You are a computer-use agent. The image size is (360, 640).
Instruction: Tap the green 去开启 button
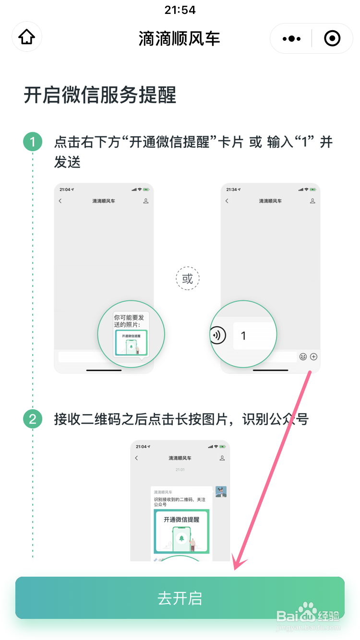point(180,598)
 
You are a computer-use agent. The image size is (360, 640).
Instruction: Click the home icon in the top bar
point(27,37)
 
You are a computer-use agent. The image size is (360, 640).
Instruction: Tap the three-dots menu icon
point(291,38)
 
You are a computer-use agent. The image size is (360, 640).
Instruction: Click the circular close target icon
point(332,38)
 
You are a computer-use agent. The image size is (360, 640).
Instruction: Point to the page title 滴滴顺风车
point(180,38)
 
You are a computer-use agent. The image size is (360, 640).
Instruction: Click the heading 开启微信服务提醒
point(100,95)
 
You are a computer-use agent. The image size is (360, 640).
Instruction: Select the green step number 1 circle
point(33,142)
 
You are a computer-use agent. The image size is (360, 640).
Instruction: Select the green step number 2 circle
point(33,419)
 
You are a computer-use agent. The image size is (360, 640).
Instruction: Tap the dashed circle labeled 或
point(187,279)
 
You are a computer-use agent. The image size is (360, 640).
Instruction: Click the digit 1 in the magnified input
point(243,336)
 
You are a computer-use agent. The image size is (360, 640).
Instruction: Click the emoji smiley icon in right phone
point(303,356)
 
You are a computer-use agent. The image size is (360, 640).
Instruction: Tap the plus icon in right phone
point(314,356)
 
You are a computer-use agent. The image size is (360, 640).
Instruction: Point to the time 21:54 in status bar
point(180,10)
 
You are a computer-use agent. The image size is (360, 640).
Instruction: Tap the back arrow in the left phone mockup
point(60,201)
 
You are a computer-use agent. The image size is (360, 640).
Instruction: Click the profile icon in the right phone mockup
point(312,201)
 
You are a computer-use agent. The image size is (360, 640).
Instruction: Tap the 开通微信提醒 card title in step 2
point(181,520)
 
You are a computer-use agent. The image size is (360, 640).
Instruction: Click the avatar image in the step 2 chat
point(221,492)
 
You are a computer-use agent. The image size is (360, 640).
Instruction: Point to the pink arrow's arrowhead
point(236,566)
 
